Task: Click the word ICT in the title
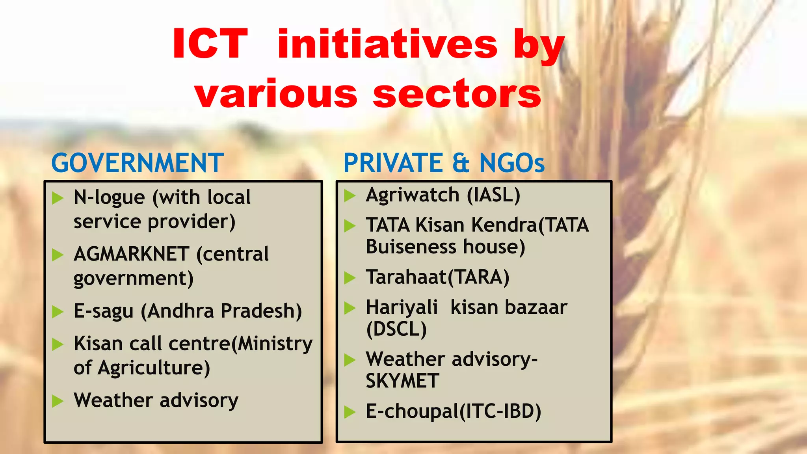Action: click(210, 44)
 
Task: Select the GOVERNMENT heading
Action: click(138, 163)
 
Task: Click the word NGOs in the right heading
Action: click(512, 163)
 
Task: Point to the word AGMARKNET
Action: click(132, 254)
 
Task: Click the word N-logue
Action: click(109, 197)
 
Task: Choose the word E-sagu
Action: click(104, 311)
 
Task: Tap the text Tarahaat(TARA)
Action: click(437, 277)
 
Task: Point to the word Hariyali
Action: click(402, 307)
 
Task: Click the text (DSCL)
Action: click(396, 329)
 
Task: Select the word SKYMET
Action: click(402, 381)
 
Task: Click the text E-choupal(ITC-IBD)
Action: click(453, 411)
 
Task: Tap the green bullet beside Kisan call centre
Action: click(58, 344)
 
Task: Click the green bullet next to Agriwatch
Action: click(350, 195)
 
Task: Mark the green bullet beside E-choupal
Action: click(350, 412)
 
